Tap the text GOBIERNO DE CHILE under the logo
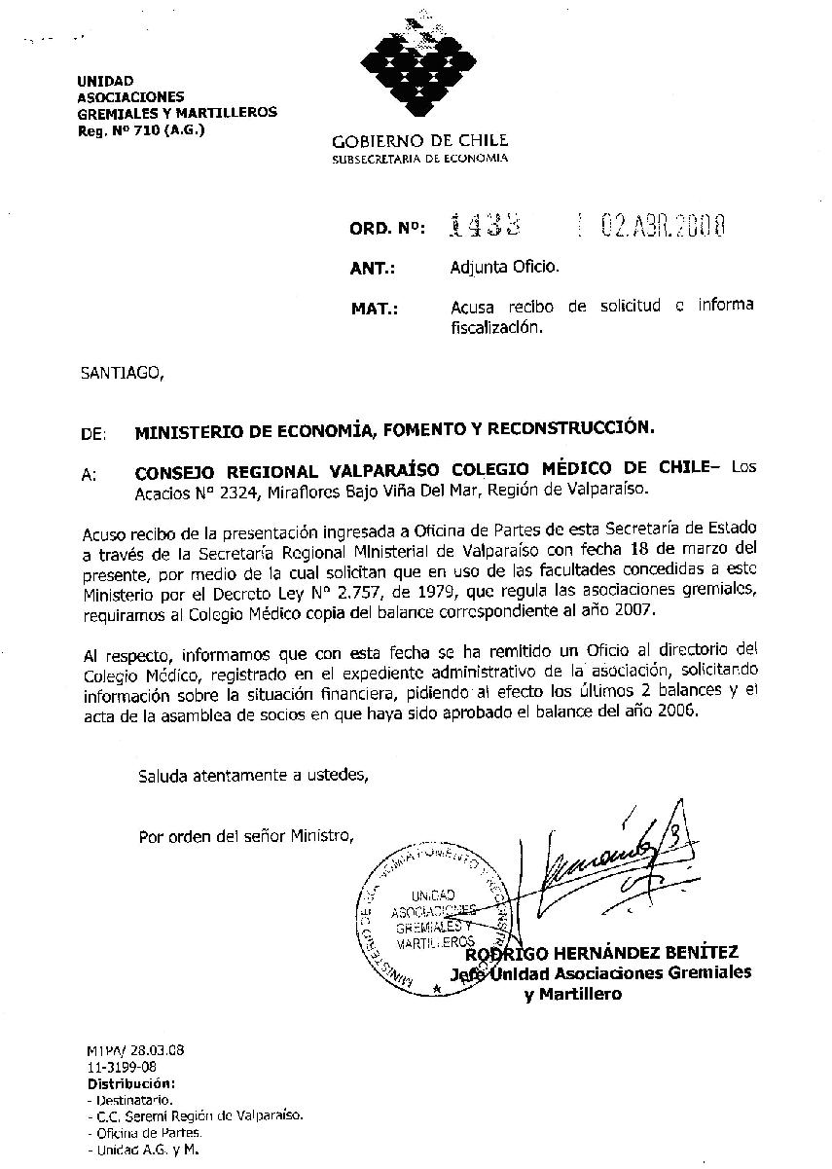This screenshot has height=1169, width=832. point(419,141)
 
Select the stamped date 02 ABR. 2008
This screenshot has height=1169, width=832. point(663,227)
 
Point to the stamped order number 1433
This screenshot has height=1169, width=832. point(484,227)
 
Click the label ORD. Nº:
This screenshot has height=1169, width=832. point(386,230)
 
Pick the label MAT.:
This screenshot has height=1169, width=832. point(374,310)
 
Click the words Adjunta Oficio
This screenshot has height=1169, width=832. point(504,266)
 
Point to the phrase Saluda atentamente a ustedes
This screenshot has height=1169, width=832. point(253,775)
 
